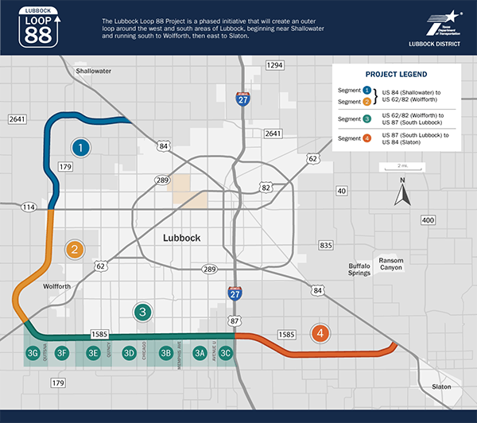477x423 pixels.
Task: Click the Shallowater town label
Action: pyautogui.click(x=93, y=71)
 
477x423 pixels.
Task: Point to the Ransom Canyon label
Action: pyautogui.click(x=391, y=265)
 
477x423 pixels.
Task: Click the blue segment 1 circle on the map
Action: pyautogui.click(x=79, y=148)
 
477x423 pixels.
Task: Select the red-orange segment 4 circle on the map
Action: pyautogui.click(x=320, y=333)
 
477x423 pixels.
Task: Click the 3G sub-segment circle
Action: pyautogui.click(x=33, y=353)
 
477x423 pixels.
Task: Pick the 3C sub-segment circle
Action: pyautogui.click(x=227, y=353)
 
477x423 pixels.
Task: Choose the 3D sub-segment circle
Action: pyautogui.click(x=129, y=353)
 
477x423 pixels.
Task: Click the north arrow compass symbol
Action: pyautogui.click(x=402, y=193)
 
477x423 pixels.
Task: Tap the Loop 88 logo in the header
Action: pyautogui.click(x=45, y=26)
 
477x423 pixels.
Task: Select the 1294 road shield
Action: pyautogui.click(x=274, y=64)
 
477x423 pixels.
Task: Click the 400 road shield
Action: pyautogui.click(x=429, y=219)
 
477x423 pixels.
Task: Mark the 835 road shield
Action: pyautogui.click(x=325, y=245)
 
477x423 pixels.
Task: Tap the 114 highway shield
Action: pyautogui.click(x=29, y=207)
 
